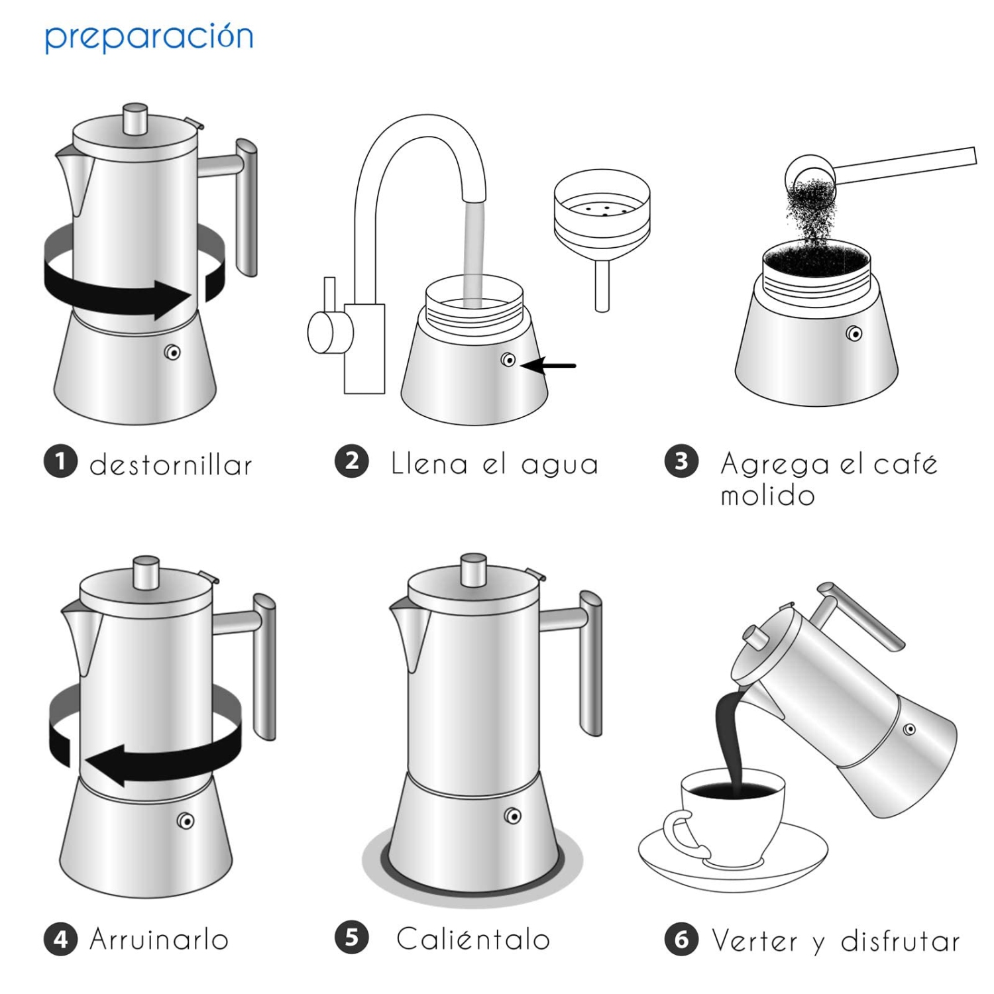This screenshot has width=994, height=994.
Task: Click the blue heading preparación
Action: [x=149, y=38]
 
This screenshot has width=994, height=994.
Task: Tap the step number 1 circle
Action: [x=61, y=461]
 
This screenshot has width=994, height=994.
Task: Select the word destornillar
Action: [x=171, y=465]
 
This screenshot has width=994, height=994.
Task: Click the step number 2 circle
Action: [x=352, y=461]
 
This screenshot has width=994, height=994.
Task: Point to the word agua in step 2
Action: [x=560, y=465]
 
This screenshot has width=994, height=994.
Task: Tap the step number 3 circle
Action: [x=681, y=461]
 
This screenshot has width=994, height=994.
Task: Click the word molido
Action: [x=767, y=496]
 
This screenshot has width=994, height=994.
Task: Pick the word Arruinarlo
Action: [x=159, y=940]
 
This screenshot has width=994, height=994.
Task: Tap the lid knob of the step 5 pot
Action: [x=473, y=570]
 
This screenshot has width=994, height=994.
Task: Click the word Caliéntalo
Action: [x=473, y=939]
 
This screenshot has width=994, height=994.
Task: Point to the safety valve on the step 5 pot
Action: [x=512, y=816]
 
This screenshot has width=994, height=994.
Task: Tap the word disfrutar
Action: [x=900, y=941]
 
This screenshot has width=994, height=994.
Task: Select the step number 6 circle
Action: [x=681, y=939]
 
